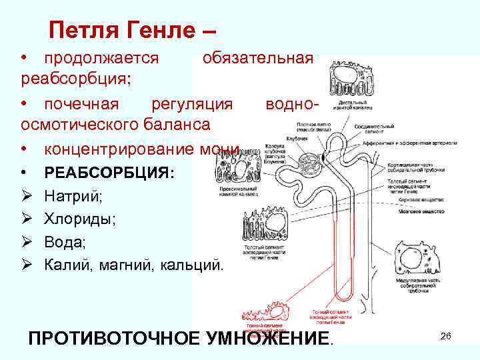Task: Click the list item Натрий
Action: pyautogui.click(x=74, y=196)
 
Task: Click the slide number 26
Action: pyautogui.click(x=446, y=337)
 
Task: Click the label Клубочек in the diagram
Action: pyautogui.click(x=297, y=138)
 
